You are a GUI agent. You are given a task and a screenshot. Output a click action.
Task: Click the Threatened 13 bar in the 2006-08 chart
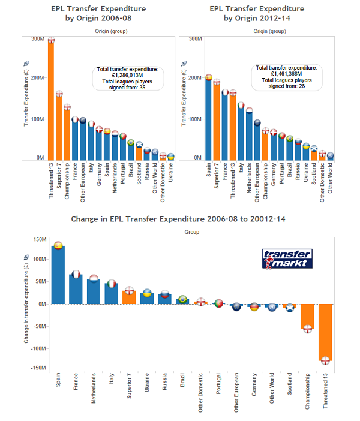click(51, 101)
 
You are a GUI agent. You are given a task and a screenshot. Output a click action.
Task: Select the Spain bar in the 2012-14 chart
click(208, 119)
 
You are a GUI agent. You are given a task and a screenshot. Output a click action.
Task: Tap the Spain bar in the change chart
click(58, 275)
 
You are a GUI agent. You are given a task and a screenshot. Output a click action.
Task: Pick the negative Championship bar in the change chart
click(307, 317)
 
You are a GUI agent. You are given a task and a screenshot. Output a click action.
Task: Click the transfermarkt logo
click(287, 259)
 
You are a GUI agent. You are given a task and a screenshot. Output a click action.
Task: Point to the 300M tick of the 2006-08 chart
click(38, 38)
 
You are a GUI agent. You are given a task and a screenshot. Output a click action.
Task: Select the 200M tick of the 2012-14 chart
click(195, 77)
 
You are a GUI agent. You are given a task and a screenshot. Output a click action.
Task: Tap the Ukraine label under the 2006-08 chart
click(170, 172)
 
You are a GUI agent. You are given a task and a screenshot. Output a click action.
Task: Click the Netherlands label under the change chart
click(93, 388)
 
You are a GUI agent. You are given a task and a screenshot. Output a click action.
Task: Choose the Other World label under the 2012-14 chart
click(330, 178)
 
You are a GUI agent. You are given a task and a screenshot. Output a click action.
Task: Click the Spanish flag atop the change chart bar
click(58, 245)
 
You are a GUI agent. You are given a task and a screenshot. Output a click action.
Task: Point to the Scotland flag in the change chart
click(290, 308)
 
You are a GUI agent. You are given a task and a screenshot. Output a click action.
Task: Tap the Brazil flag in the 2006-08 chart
click(131, 143)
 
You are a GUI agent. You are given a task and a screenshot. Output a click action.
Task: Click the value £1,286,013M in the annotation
click(127, 75)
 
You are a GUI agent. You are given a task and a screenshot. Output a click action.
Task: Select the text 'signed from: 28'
click(287, 86)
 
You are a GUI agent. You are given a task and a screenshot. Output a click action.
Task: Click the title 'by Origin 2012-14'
click(257, 18)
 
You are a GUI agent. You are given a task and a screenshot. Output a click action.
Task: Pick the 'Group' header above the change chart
click(192, 232)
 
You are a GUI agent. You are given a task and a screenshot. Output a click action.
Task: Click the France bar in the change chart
click(76, 290)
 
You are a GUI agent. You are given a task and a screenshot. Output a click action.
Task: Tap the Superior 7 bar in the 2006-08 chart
click(59, 128)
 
